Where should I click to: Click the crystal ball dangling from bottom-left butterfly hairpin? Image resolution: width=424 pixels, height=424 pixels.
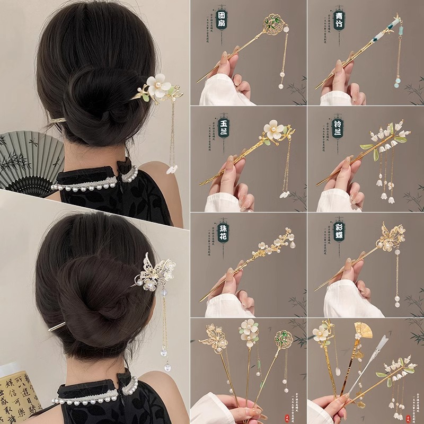click(x=167, y=367)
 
